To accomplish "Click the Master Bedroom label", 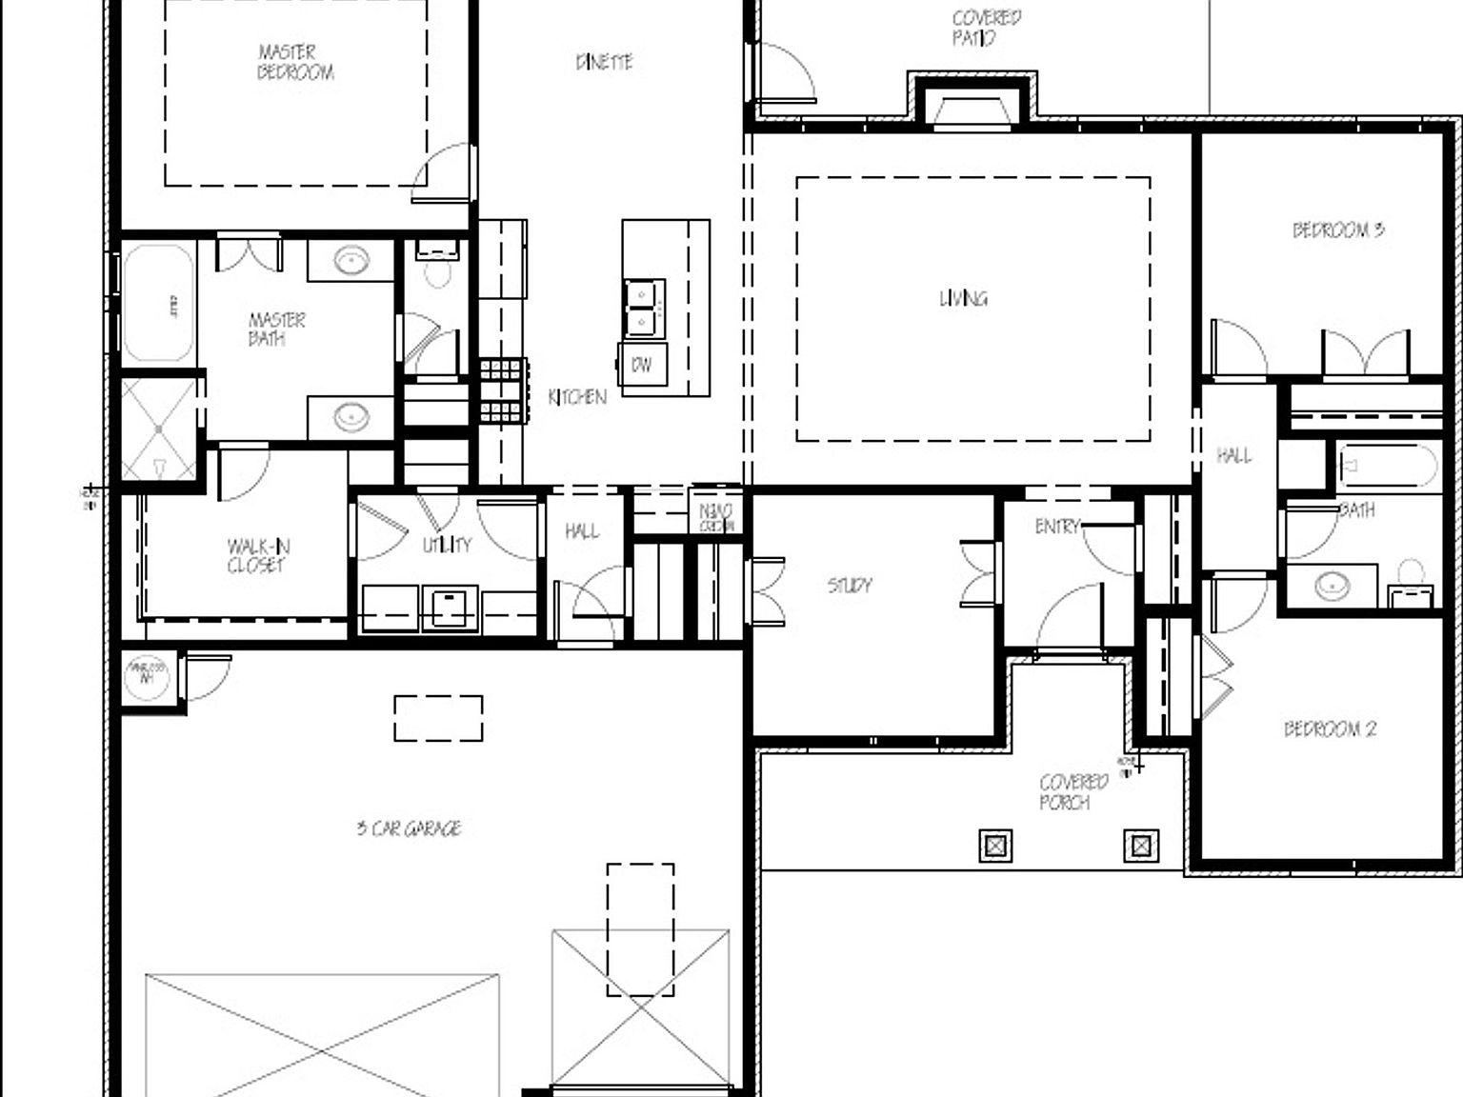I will (x=295, y=62).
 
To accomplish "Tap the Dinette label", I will (x=604, y=62).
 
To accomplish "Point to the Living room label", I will (x=963, y=298).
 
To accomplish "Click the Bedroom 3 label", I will (x=1337, y=229).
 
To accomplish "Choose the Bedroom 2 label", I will (x=1330, y=729).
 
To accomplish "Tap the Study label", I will (x=849, y=585).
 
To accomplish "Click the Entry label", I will (x=1057, y=526).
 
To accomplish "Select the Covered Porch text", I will (x=1072, y=791).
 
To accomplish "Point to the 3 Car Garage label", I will (x=409, y=828).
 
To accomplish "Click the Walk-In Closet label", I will (x=257, y=555).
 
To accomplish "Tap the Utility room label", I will (x=447, y=545).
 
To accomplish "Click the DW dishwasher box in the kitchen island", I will (x=642, y=365).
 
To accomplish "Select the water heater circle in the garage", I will (x=147, y=674).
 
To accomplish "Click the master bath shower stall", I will (x=159, y=429).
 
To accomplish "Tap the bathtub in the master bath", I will (x=158, y=303).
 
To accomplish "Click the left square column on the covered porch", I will (x=995, y=846).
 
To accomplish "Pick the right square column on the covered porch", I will (x=1141, y=846).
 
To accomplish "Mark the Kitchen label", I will (x=577, y=397).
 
